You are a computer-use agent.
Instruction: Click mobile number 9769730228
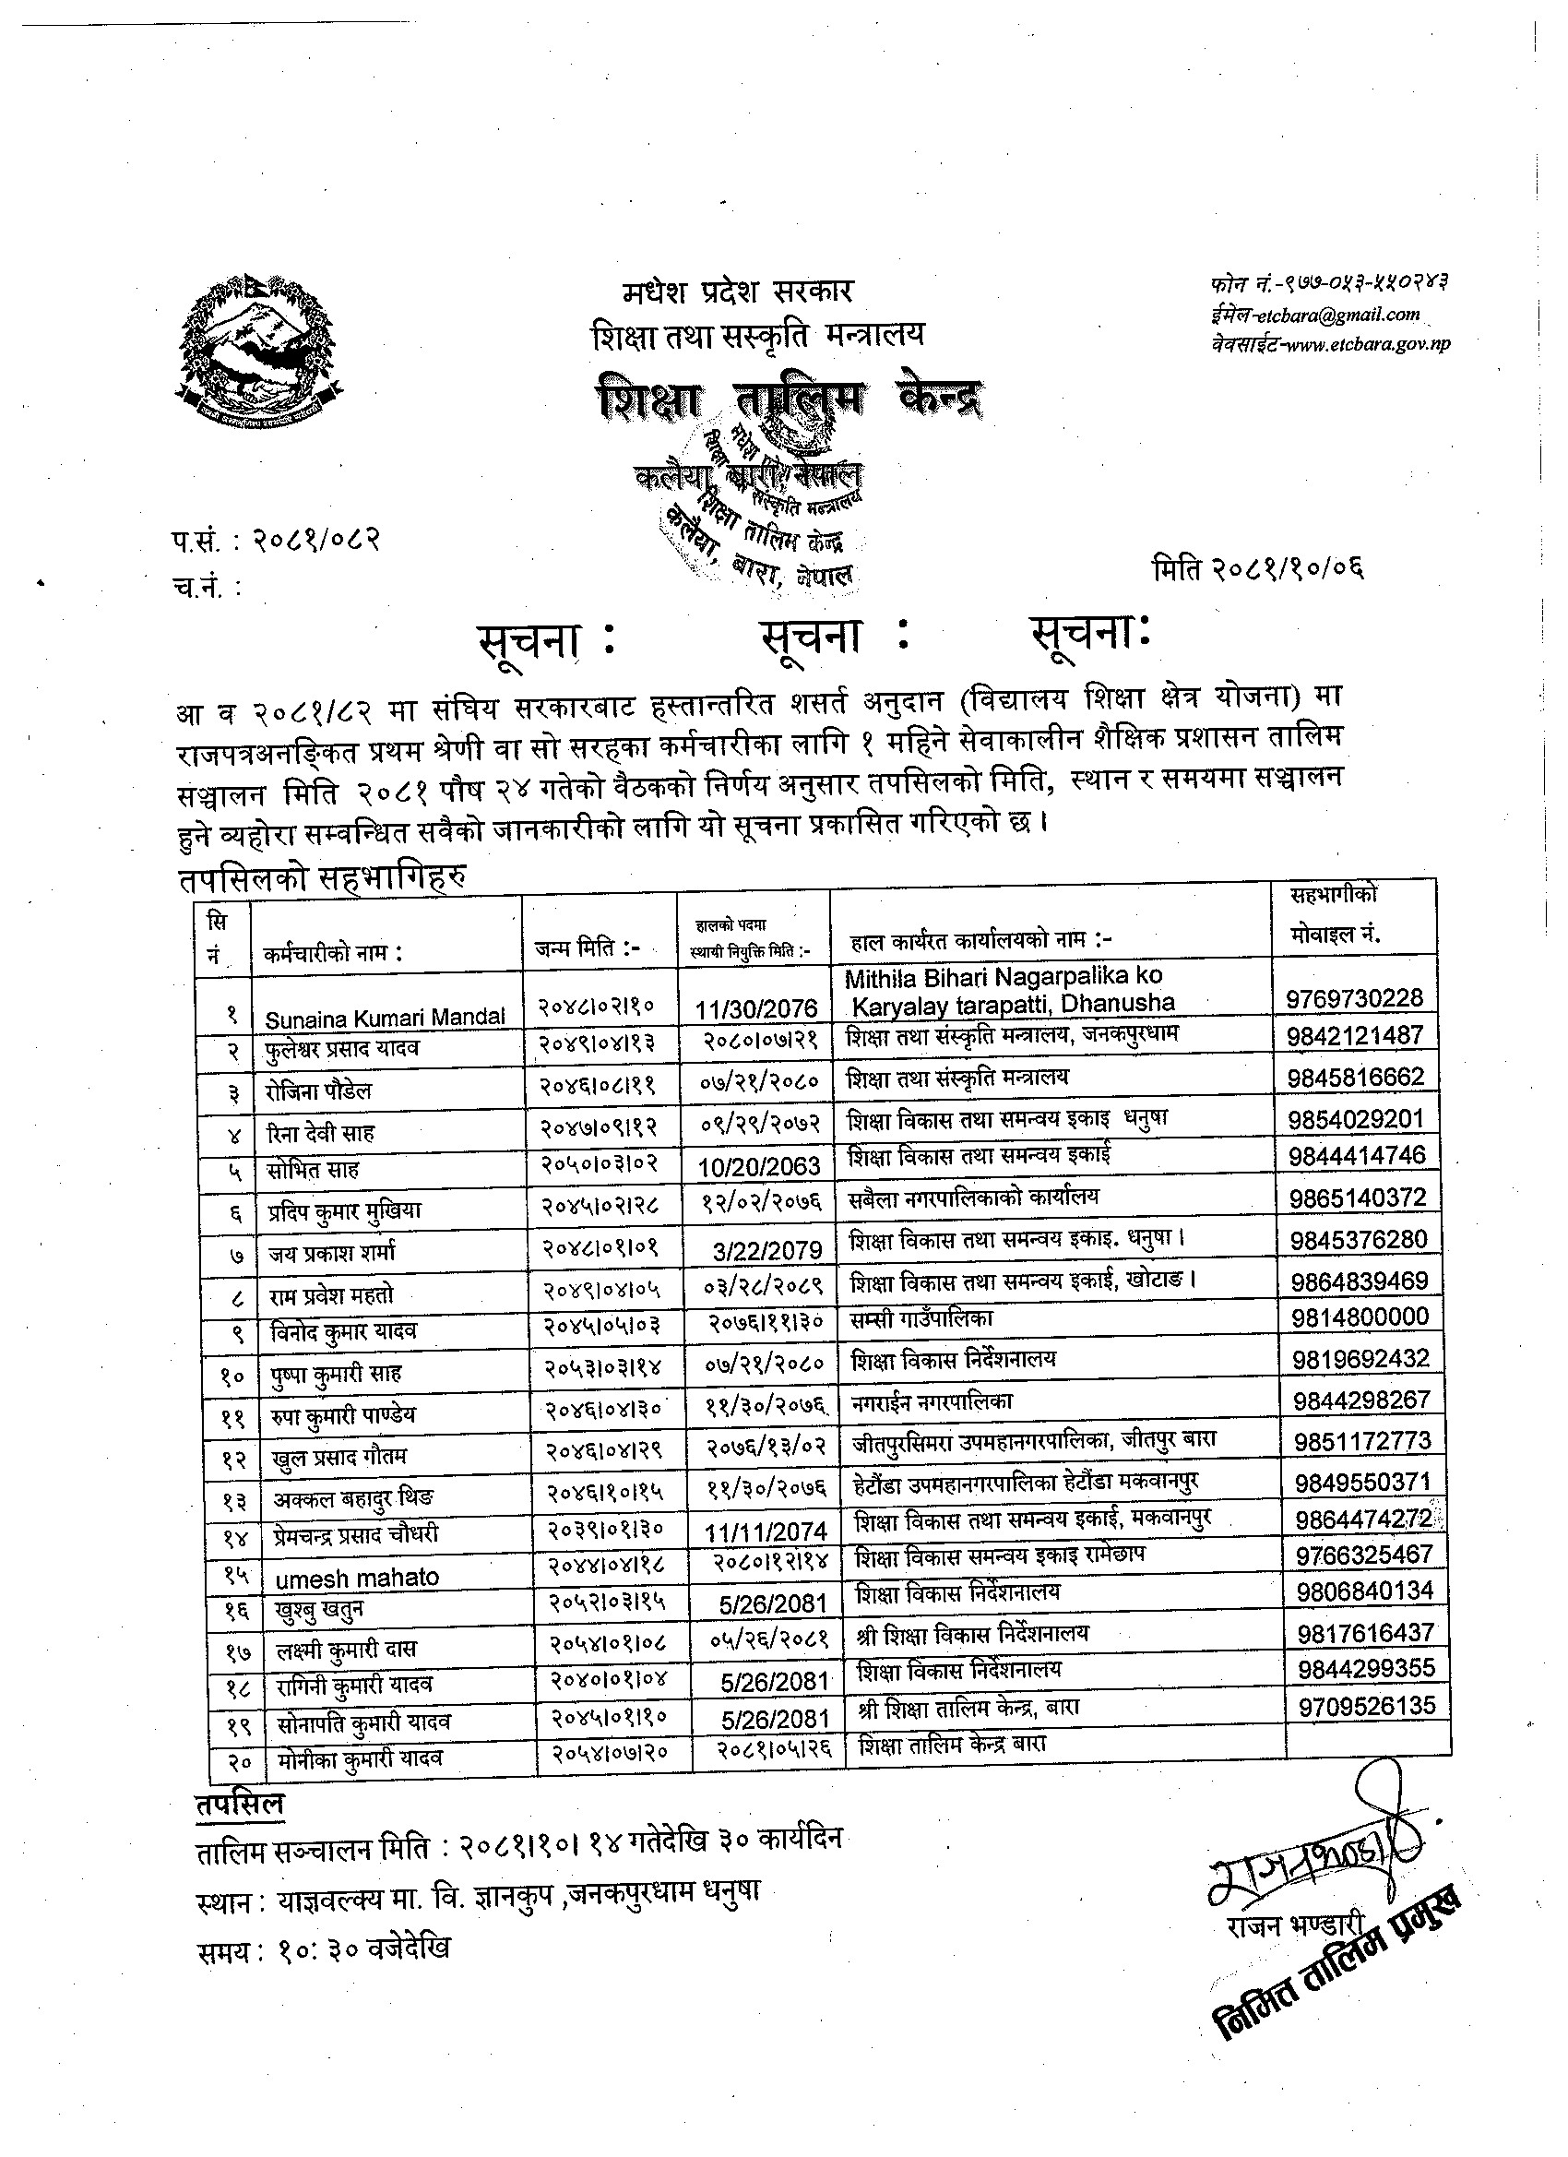[x=1354, y=997]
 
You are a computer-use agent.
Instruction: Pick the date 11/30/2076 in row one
[x=756, y=1008]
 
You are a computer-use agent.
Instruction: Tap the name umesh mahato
[x=358, y=1578]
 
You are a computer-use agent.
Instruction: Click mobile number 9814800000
[x=1360, y=1317]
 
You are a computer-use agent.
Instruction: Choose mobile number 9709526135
[x=1366, y=1705]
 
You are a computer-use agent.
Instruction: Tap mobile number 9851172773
[x=1361, y=1441]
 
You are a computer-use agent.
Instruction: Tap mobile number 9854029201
[x=1356, y=1118]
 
